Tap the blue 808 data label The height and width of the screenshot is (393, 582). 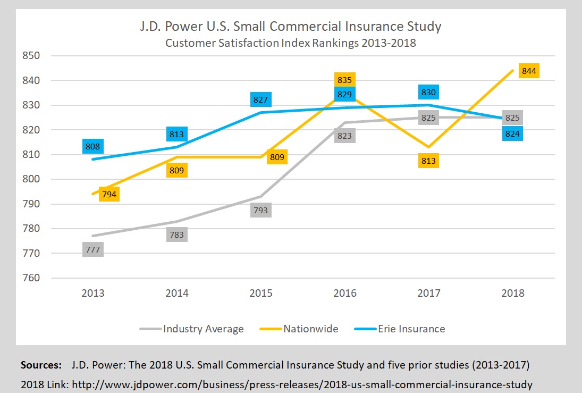[93, 146]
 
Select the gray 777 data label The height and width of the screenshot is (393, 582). [93, 249]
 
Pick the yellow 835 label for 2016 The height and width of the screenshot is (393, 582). [344, 80]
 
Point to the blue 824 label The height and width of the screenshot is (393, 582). [512, 133]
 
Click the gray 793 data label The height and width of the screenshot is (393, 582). [261, 210]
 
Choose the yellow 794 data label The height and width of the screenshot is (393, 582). [109, 194]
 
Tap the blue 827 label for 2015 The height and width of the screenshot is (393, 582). [261, 99]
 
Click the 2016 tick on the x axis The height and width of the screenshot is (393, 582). [344, 293]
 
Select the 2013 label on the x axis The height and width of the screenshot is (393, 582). [93, 293]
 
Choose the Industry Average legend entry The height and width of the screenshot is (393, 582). [203, 329]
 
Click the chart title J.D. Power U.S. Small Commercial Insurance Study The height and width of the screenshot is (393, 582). [290, 26]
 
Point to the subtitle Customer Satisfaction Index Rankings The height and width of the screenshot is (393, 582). [290, 43]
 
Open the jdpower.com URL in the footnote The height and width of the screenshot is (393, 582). [302, 383]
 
